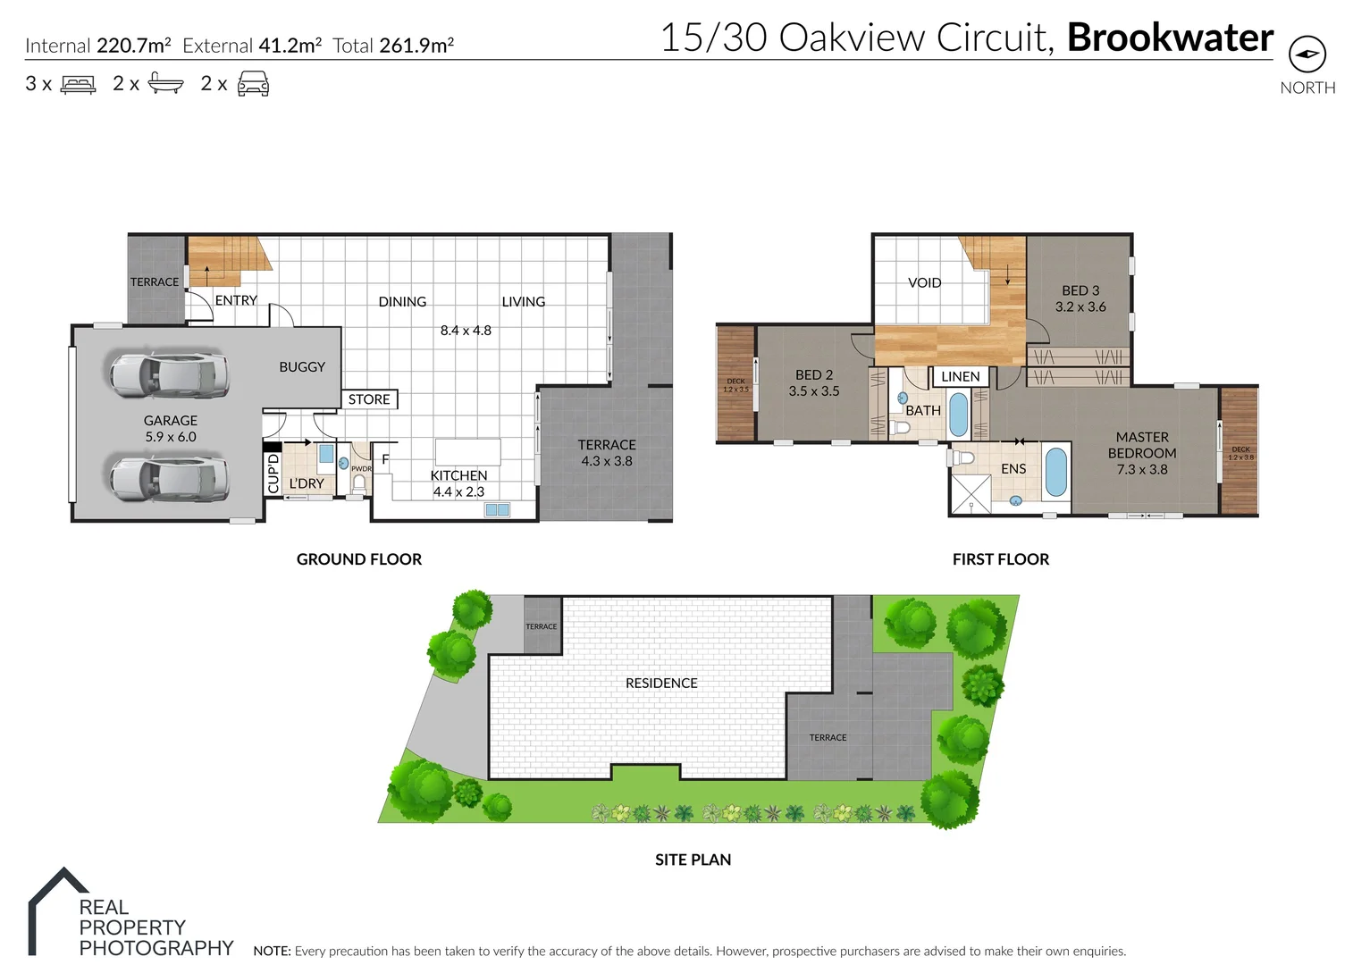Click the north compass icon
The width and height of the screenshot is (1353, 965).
[1307, 55]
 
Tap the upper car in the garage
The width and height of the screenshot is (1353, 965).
[167, 374]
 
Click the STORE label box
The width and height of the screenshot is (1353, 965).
[369, 399]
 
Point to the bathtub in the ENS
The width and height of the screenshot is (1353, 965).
[1055, 472]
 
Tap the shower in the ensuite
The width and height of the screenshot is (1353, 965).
[971, 494]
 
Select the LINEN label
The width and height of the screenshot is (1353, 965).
[960, 377]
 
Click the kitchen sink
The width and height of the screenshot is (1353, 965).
[497, 510]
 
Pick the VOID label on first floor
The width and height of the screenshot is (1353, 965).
[924, 282]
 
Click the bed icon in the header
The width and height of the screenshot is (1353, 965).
[79, 85]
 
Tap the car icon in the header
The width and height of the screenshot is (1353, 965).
[253, 85]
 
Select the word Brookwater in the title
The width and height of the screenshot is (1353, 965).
[1170, 38]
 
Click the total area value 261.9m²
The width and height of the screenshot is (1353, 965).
[416, 46]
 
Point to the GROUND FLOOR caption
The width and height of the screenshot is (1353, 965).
[358, 559]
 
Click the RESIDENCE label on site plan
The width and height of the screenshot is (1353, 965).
[661, 683]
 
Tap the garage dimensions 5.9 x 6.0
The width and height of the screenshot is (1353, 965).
[171, 437]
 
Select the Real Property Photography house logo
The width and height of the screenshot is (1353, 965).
[59, 909]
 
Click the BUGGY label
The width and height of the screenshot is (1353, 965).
[302, 366]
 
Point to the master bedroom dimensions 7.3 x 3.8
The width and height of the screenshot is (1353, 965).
[1142, 469]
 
